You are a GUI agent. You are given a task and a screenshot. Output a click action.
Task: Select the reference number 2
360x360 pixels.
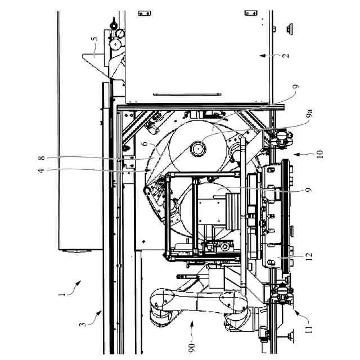point(286,56)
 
